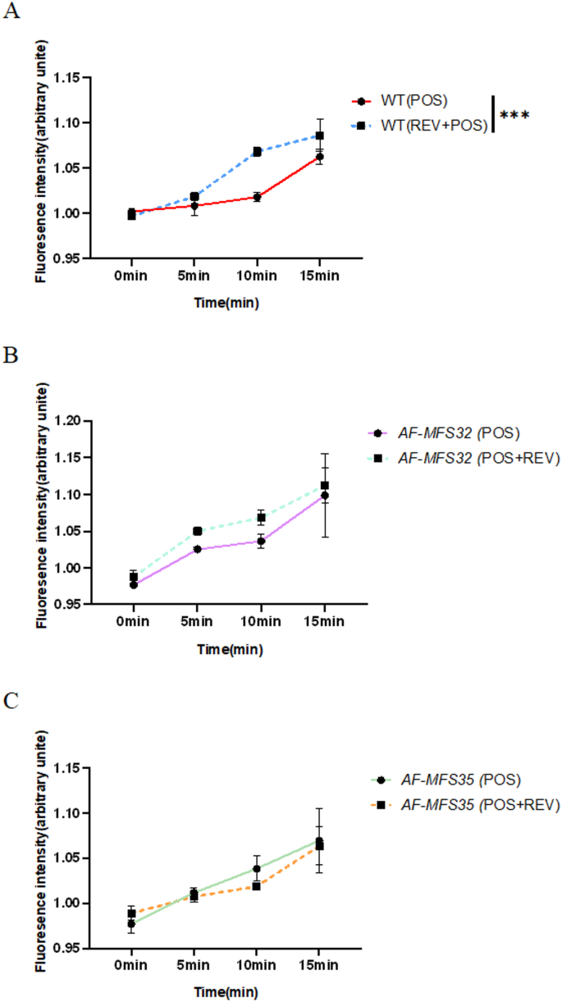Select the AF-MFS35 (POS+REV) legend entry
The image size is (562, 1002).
[x=463, y=806]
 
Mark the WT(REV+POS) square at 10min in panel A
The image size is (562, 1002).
[x=257, y=152]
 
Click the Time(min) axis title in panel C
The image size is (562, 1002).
[x=226, y=991]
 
